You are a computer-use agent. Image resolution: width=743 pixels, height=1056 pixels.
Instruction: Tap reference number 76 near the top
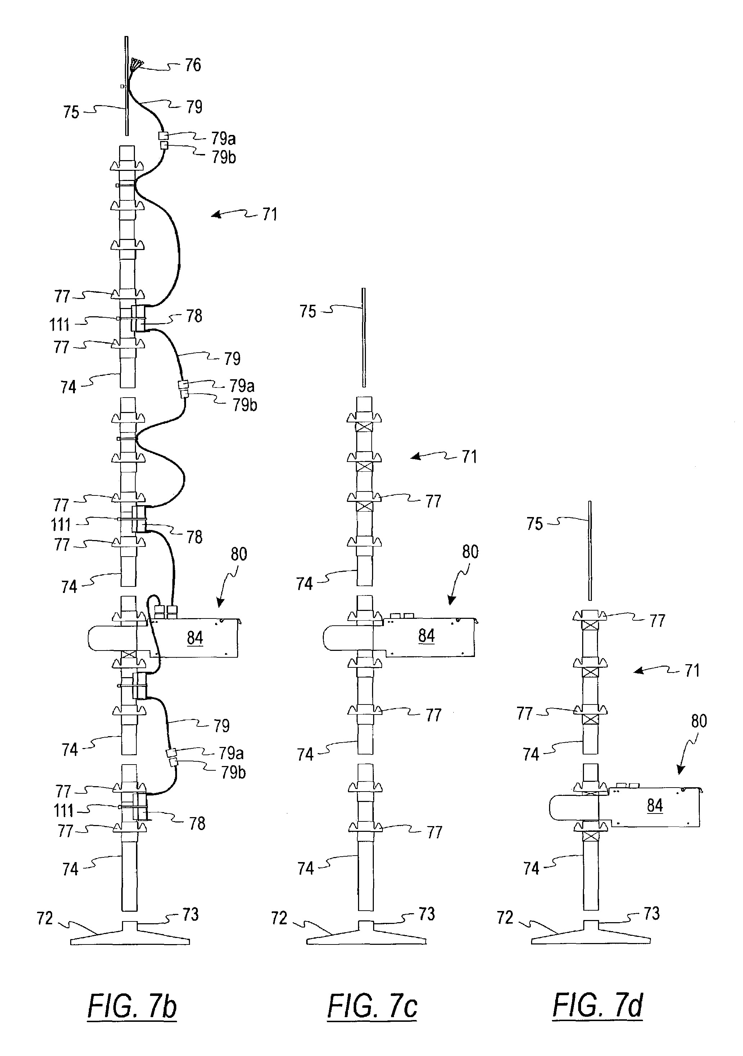(193, 65)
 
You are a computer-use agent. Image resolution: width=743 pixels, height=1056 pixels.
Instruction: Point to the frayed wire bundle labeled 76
(136, 64)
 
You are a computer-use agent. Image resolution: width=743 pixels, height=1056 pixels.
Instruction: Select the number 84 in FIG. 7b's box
(195, 638)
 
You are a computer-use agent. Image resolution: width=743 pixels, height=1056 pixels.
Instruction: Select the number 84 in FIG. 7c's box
(426, 636)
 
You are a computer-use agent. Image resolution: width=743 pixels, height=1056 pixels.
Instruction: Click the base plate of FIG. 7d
(591, 937)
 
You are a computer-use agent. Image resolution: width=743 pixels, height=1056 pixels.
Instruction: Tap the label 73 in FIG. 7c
(426, 914)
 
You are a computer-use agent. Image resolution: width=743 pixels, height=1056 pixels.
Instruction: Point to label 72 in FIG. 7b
(45, 919)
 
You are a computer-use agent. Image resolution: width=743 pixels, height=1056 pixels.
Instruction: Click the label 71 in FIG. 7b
(269, 215)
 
